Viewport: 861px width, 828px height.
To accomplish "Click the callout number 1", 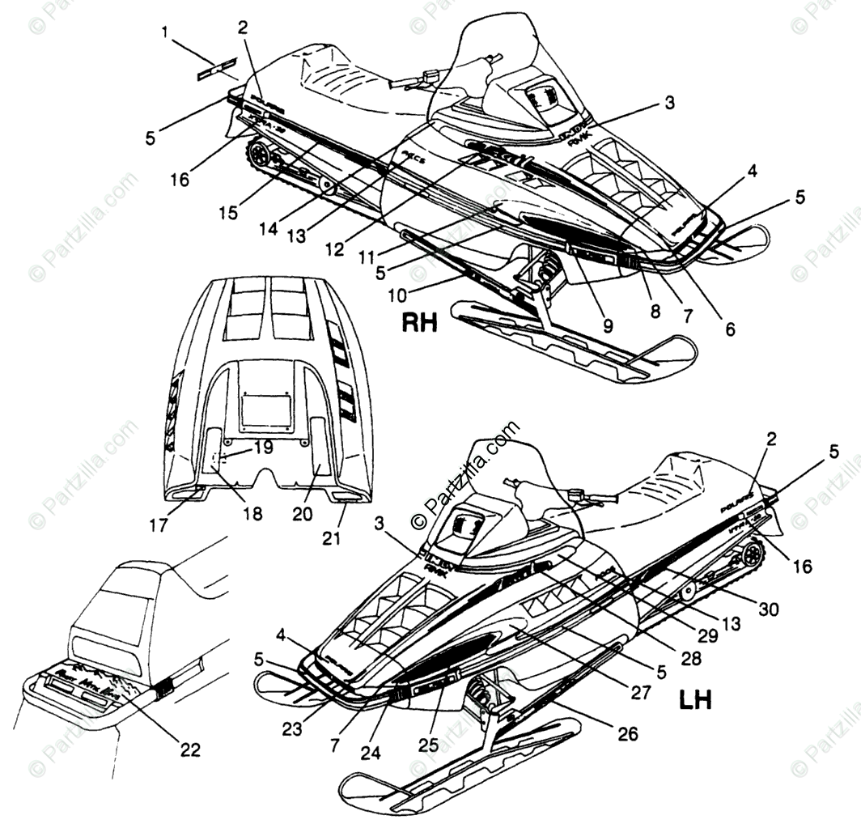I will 166,33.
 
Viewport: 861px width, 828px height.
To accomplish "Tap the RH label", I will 420,324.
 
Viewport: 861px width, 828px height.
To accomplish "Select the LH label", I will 695,699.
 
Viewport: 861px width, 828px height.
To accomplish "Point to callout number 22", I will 189,749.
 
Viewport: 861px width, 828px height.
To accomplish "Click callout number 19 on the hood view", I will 263,447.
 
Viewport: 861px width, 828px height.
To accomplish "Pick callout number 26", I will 627,734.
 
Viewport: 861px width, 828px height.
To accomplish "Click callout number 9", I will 607,326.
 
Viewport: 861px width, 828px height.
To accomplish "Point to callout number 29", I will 708,635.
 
